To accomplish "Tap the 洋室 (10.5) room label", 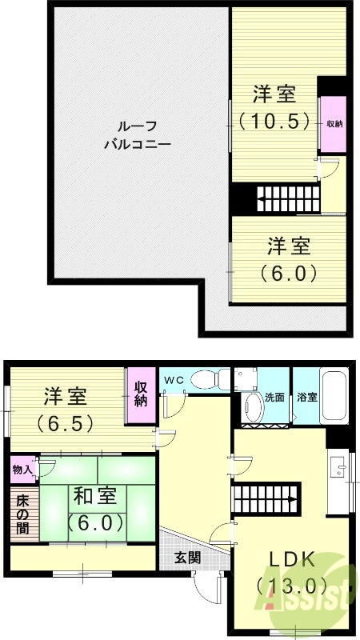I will click(274, 107).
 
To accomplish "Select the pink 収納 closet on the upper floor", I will click(334, 124).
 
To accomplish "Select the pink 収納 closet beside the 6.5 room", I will click(141, 394).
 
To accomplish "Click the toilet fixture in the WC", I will click(210, 378).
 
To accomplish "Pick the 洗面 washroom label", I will click(275, 397).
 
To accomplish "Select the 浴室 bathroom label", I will click(307, 397).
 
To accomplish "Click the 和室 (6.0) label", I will click(95, 509).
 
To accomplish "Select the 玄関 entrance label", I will click(187, 557).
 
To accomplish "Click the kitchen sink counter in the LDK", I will click(338, 479).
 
